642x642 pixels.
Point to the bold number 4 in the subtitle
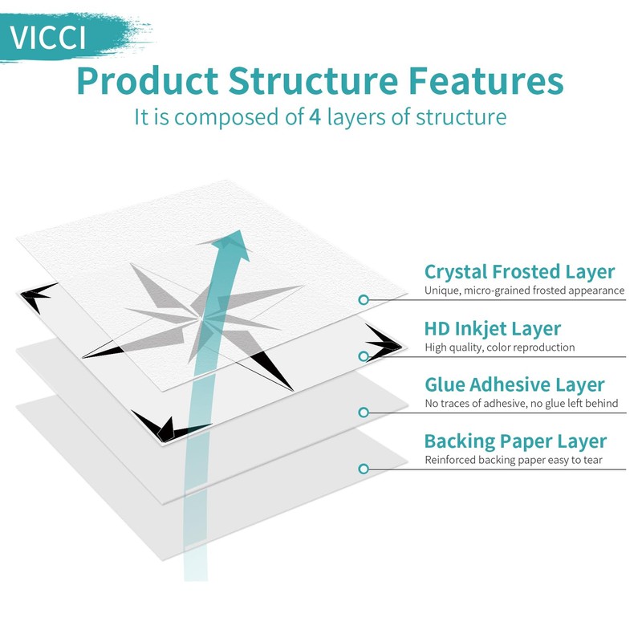click(x=315, y=117)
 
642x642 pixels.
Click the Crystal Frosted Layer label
click(x=519, y=272)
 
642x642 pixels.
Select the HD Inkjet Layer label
click(x=492, y=328)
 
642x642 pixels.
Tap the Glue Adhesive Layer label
click(x=514, y=385)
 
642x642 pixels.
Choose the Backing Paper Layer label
click(x=515, y=441)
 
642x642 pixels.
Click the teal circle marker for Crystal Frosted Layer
click(x=364, y=299)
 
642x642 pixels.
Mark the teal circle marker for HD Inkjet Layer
click(x=364, y=356)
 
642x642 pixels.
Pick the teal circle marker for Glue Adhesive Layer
click(x=364, y=412)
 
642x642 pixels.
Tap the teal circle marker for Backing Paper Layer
click(x=364, y=468)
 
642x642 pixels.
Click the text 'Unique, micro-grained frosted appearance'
click(x=524, y=291)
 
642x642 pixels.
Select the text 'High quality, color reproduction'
click(x=499, y=347)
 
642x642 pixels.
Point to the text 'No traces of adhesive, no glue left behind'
click(x=521, y=404)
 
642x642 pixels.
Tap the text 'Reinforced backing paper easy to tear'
click(x=514, y=460)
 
